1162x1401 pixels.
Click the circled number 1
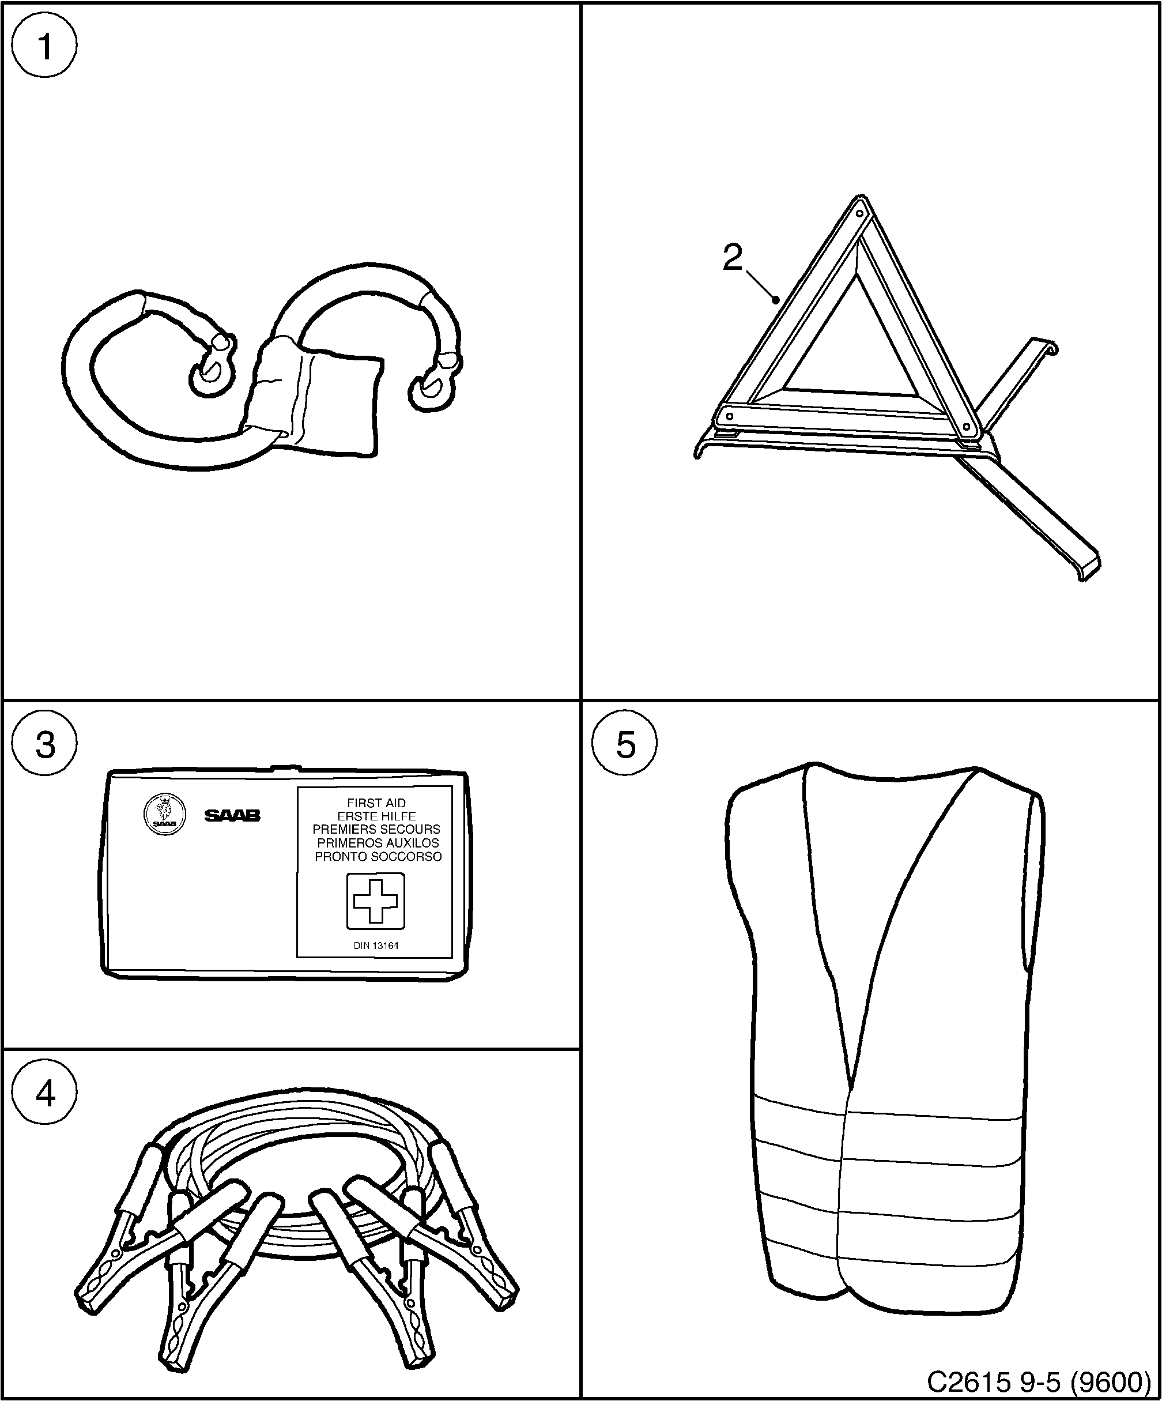pos(45,47)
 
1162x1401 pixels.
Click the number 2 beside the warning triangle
pos(733,258)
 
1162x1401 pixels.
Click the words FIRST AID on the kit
pos(376,803)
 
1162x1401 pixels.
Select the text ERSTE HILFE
pos(376,816)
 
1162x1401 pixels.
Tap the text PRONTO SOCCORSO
pos(378,857)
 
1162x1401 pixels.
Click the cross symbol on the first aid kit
pos(376,901)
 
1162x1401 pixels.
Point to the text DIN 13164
pos(376,946)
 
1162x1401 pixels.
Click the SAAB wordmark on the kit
pos(232,816)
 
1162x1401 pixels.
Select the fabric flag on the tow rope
pos(317,400)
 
